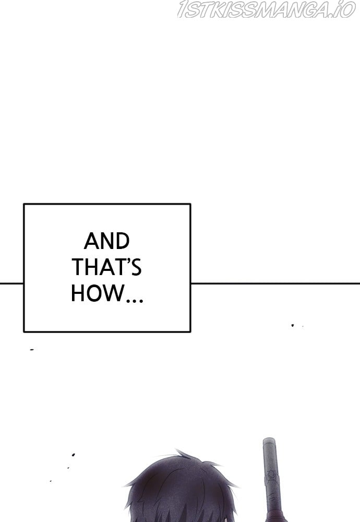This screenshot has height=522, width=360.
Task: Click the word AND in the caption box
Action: click(106, 241)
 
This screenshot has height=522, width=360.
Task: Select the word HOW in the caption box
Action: click(97, 293)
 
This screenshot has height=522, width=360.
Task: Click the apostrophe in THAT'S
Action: click(127, 262)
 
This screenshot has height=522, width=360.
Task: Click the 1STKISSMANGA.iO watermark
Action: click(266, 9)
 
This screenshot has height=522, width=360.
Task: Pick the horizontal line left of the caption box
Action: click(11, 283)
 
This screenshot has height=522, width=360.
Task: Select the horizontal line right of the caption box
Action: click(275, 283)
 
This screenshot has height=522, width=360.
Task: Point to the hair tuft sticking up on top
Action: click(182, 454)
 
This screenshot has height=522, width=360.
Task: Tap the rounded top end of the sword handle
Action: click(269, 440)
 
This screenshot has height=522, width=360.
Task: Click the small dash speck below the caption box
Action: click(32, 350)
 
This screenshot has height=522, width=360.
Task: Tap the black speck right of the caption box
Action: click(293, 325)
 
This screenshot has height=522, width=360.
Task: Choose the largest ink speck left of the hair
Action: click(73, 455)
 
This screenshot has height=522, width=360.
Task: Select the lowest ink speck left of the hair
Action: click(51, 481)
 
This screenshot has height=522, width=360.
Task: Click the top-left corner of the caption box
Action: click(23, 204)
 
